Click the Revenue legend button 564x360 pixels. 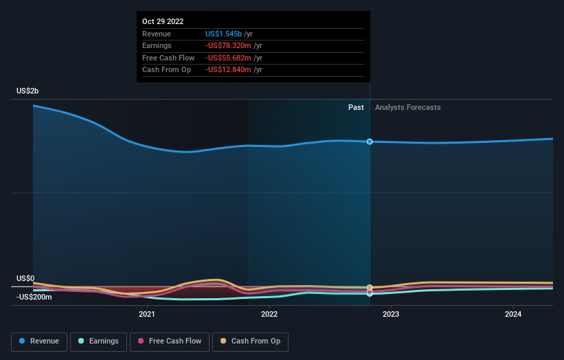coord(39,341)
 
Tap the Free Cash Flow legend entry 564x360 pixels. coord(168,341)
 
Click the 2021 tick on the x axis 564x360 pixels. coord(146,314)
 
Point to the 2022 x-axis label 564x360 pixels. coord(269,314)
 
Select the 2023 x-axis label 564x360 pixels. coord(391,314)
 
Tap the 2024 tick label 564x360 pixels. coord(512,314)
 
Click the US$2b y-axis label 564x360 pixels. coord(28,91)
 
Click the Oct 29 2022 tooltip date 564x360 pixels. coord(163,22)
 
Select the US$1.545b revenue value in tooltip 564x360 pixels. coord(228,34)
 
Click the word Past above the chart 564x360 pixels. coord(356,107)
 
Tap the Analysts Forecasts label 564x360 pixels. coord(407,107)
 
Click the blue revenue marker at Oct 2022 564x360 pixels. coord(370,142)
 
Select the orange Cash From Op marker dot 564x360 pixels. coord(370,287)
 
